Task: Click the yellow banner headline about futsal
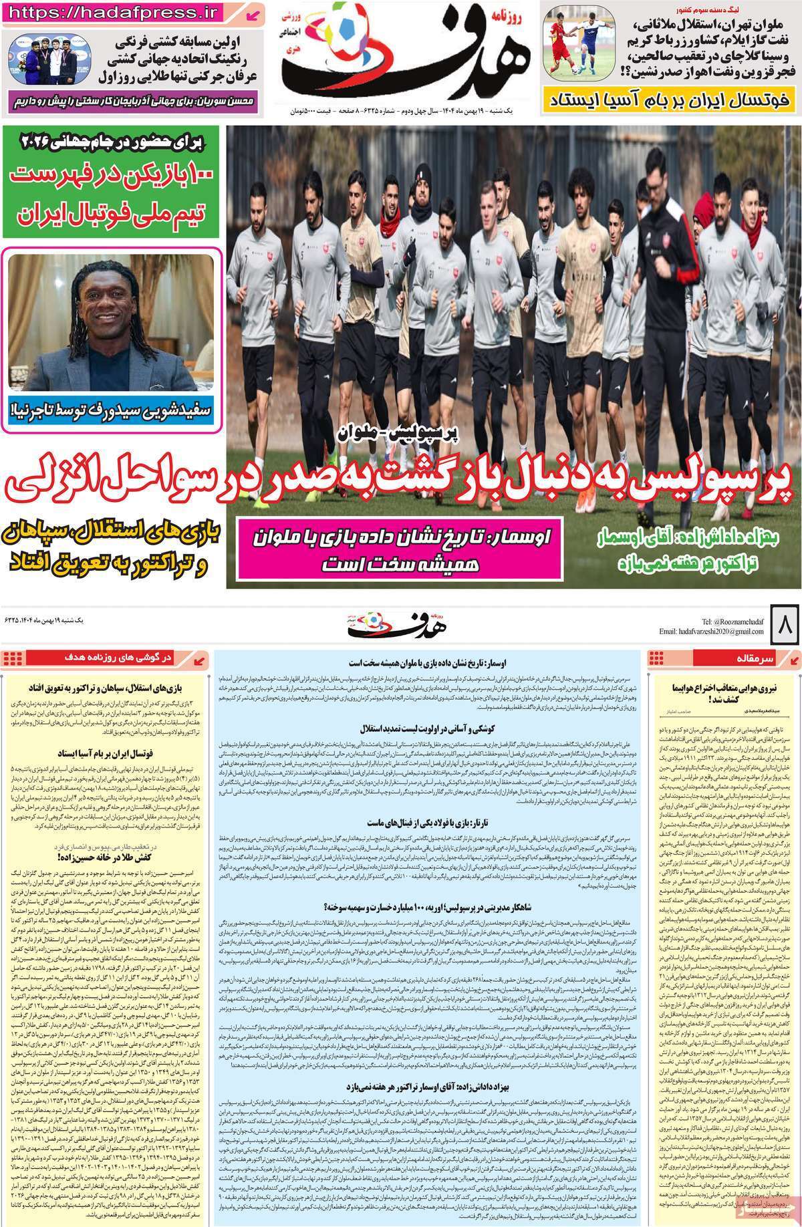pyautogui.click(x=670, y=101)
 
